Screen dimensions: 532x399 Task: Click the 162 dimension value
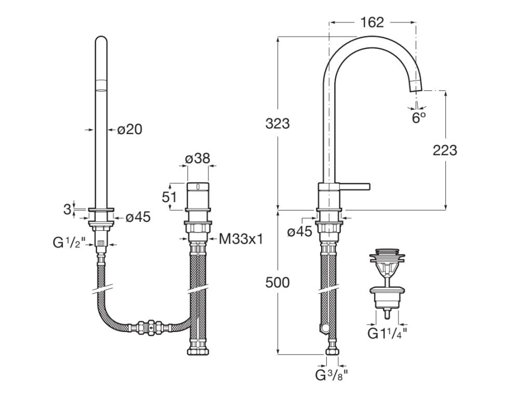pos(372,22)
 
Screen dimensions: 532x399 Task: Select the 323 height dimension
pos(277,124)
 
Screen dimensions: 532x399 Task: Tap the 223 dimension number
pos(445,150)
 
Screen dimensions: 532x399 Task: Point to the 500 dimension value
pos(277,282)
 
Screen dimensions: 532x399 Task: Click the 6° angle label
pos(419,118)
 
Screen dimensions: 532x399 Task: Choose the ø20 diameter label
pos(130,129)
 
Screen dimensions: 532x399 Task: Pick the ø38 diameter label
pos(198,158)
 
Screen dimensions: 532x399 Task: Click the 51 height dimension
pos(169,197)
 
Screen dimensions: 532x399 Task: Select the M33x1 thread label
pos(241,239)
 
